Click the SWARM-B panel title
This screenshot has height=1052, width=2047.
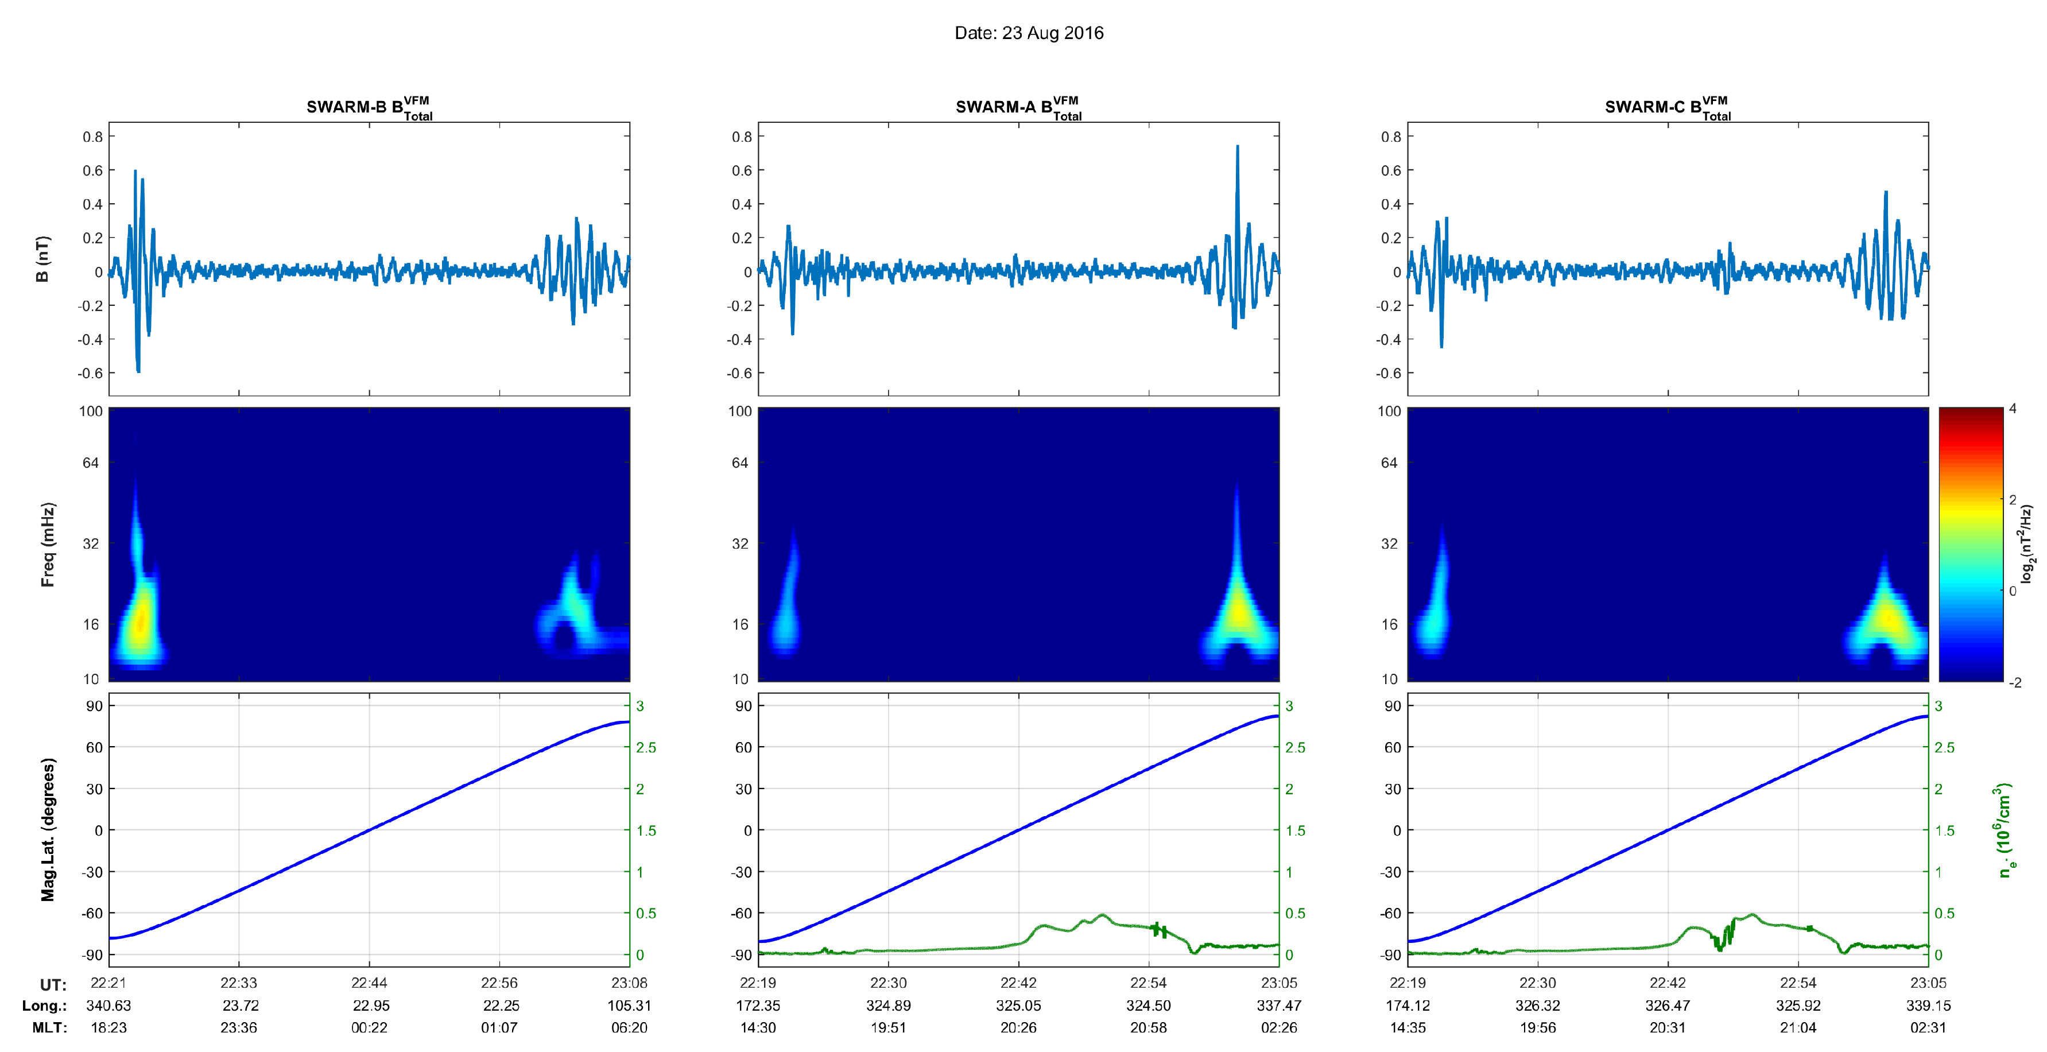(369, 107)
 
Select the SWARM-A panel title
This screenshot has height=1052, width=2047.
(1018, 107)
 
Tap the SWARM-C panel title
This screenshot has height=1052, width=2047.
(1667, 107)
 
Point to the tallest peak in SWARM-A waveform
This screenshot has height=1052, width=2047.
(1237, 147)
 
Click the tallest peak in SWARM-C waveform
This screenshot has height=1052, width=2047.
(1886, 193)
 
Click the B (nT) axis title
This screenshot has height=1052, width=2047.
(43, 259)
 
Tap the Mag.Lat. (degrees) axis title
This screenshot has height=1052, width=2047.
(48, 829)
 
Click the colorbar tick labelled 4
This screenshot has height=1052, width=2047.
(2013, 409)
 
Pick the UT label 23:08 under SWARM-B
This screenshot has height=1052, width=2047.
(629, 983)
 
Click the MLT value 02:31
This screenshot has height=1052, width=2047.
(1928, 1027)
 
